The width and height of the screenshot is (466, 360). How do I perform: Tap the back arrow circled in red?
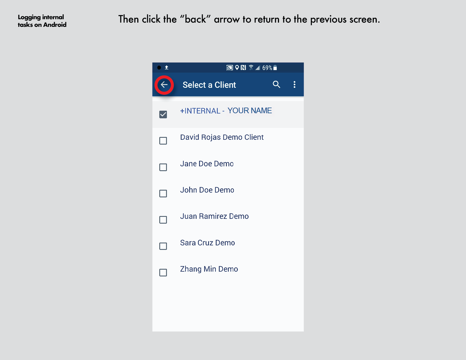[164, 85]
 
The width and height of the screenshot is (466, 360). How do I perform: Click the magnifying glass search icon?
[276, 84]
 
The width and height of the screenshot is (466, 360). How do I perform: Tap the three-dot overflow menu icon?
[294, 84]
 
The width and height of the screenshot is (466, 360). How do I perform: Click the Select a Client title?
[209, 85]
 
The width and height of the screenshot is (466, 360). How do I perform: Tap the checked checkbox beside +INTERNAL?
[163, 114]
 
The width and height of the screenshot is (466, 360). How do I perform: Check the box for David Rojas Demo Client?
[163, 141]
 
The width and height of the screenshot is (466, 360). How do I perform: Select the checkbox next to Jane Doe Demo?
[163, 167]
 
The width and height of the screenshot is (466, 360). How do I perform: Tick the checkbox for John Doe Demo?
[163, 193]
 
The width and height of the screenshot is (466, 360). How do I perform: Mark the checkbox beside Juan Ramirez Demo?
[163, 220]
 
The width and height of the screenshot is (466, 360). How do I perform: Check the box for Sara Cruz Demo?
[163, 246]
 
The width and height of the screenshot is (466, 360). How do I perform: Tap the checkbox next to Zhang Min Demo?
[163, 272]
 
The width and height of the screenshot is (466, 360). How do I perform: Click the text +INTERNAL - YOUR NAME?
[226, 111]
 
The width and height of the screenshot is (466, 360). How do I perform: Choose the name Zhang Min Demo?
[209, 269]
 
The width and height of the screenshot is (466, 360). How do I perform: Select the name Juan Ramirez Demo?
[214, 216]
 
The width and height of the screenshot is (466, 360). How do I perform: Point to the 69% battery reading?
[267, 68]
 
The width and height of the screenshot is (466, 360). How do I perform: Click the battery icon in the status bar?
[275, 68]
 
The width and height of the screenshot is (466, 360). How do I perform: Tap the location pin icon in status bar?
[237, 67]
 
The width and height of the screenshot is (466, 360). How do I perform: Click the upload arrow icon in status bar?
[167, 67]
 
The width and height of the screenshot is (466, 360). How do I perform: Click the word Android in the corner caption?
[55, 25]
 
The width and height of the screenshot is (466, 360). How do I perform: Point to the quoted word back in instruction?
[195, 19]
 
